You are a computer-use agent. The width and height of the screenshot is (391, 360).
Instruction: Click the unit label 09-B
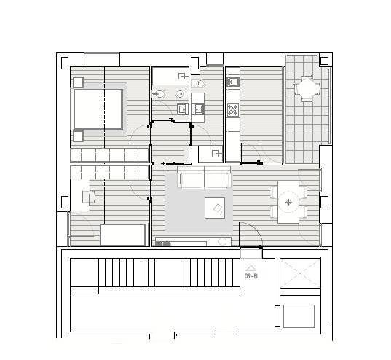click(x=251, y=276)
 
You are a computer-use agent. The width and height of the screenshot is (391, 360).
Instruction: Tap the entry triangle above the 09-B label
click(x=251, y=268)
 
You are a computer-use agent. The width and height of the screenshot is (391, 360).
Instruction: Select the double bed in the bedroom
click(x=98, y=109)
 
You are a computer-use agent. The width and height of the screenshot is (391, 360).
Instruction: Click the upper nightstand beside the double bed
click(x=78, y=82)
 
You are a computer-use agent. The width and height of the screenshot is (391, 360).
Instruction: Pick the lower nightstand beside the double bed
click(x=78, y=136)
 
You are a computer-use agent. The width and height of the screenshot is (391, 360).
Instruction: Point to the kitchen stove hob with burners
click(x=233, y=110)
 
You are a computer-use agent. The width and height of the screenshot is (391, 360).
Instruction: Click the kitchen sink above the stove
click(x=233, y=82)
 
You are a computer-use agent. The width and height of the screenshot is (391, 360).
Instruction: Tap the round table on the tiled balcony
click(x=307, y=89)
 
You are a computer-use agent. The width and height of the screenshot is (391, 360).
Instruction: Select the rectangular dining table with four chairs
click(x=288, y=202)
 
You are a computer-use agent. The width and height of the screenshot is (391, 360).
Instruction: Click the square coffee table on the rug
click(x=215, y=208)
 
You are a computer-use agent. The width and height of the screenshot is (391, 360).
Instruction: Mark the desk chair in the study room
click(x=89, y=197)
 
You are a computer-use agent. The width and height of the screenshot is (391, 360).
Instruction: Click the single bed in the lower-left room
click(x=122, y=235)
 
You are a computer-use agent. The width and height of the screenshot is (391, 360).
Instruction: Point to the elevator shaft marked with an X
click(x=300, y=273)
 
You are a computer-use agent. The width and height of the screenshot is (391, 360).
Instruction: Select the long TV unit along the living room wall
click(x=193, y=242)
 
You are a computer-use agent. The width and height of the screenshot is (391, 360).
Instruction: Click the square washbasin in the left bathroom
click(x=182, y=109)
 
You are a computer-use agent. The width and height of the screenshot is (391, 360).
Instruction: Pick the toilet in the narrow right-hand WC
click(x=200, y=84)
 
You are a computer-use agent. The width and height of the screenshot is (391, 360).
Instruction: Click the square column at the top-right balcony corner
click(x=324, y=60)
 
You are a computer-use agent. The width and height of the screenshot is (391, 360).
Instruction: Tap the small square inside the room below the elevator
click(x=299, y=316)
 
